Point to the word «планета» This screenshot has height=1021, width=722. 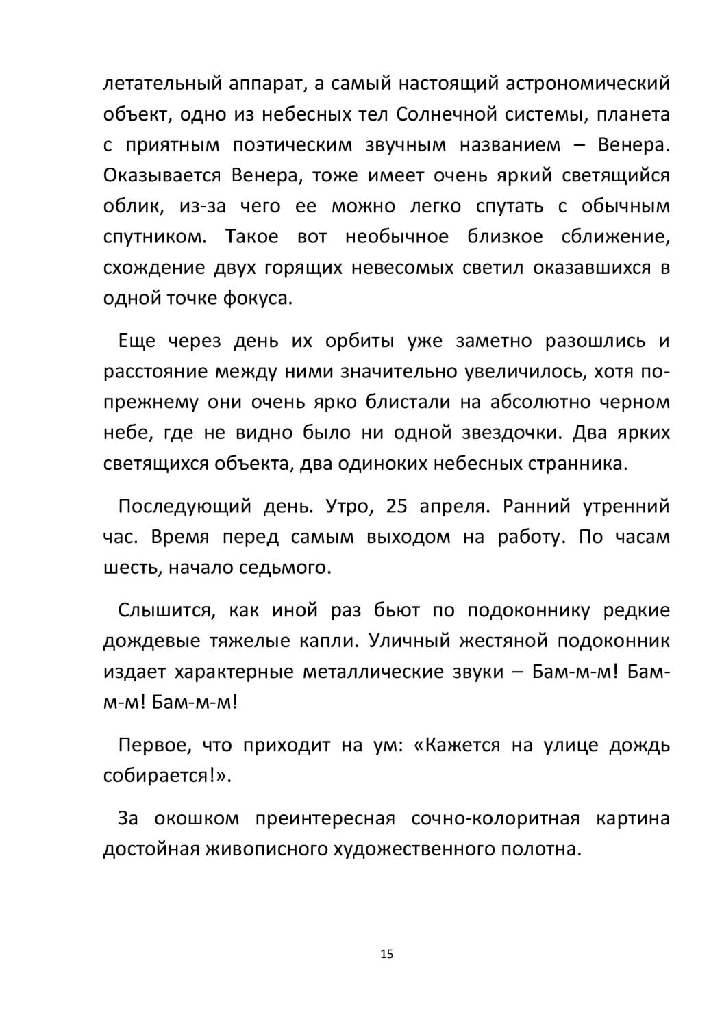coord(633,114)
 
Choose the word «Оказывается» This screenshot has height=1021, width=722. coord(162,176)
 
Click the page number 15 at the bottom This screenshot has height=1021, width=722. coord(386,954)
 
